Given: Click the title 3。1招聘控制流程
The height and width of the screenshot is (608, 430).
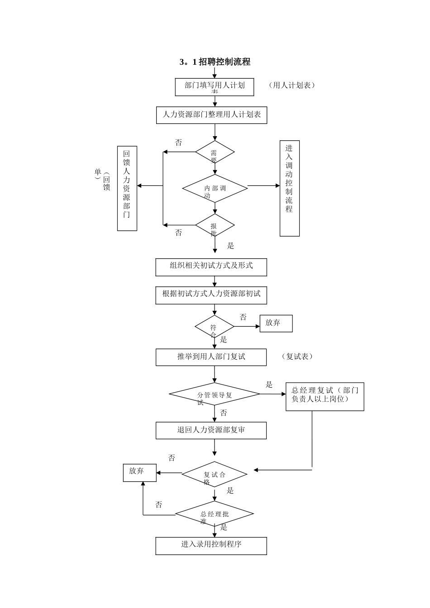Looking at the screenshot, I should [x=215, y=62].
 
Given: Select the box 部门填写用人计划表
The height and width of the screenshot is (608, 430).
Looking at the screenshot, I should [x=215, y=87].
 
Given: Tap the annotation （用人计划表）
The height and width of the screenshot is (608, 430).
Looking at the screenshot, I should [x=291, y=85].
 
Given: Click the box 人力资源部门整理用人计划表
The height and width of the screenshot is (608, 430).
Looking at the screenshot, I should [x=211, y=115].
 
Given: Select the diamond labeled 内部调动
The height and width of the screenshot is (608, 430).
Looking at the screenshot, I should [x=215, y=188].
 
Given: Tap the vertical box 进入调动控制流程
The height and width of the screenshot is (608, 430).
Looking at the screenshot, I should [x=289, y=188].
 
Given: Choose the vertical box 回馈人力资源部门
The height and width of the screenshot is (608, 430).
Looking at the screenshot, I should [x=127, y=188].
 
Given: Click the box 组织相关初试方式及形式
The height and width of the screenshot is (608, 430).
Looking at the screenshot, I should [x=211, y=267].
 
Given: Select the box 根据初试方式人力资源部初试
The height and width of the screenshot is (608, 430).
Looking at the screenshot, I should [x=211, y=295].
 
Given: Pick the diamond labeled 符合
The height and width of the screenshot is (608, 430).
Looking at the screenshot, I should [x=214, y=327].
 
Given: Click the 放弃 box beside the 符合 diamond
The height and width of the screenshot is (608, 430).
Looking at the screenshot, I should [x=276, y=323].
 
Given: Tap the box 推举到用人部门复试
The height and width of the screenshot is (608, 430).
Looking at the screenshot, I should [x=211, y=357].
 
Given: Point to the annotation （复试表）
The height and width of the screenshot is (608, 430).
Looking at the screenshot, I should [x=297, y=356].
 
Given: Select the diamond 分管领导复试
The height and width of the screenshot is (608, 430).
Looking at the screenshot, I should [x=214, y=394].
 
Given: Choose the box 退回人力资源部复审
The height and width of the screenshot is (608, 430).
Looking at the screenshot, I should [x=211, y=430].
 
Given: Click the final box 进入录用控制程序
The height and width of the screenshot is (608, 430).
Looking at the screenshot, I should [x=211, y=546].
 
